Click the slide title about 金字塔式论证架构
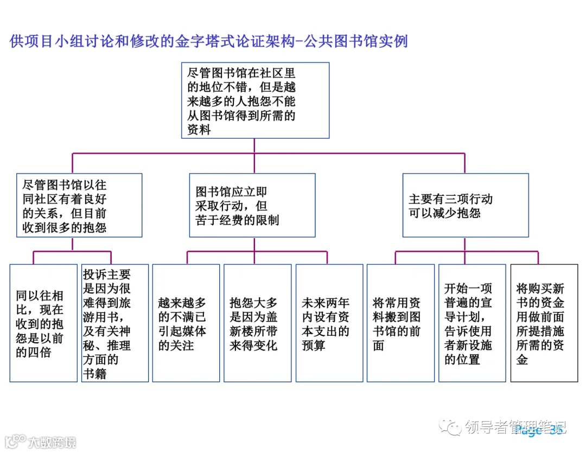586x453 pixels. click(x=208, y=41)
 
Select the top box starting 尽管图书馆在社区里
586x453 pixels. click(x=254, y=100)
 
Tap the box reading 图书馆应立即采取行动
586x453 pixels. click(x=252, y=205)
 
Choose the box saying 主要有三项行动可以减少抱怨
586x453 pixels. click(x=465, y=205)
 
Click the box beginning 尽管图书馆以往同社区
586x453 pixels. click(x=79, y=205)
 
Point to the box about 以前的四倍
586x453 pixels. click(x=43, y=323)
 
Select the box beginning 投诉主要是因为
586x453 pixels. click(x=115, y=323)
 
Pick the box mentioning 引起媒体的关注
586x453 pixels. click(x=186, y=323)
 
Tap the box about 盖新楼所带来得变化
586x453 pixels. click(x=257, y=323)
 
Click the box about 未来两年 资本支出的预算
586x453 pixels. click(x=329, y=323)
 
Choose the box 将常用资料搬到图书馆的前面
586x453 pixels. click(x=400, y=323)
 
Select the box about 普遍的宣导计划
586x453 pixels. click(x=472, y=323)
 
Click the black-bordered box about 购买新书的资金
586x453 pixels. click(x=544, y=323)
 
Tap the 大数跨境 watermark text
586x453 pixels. click(x=52, y=442)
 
